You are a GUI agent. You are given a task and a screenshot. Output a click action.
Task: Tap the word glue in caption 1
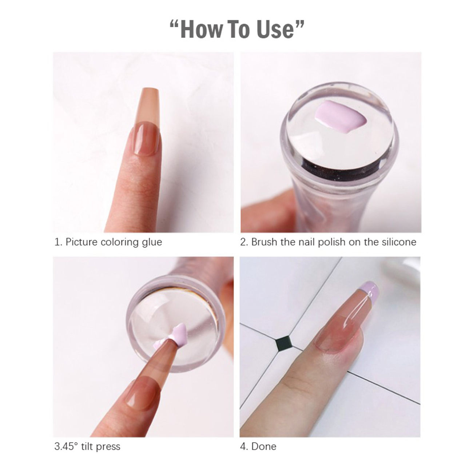click(152, 243)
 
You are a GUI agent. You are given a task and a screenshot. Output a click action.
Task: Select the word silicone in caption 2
click(399, 242)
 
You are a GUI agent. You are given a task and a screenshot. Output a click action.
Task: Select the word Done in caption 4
click(264, 446)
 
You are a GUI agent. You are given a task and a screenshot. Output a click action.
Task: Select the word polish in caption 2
click(331, 242)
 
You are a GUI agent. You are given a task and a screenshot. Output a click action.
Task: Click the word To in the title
click(238, 29)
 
